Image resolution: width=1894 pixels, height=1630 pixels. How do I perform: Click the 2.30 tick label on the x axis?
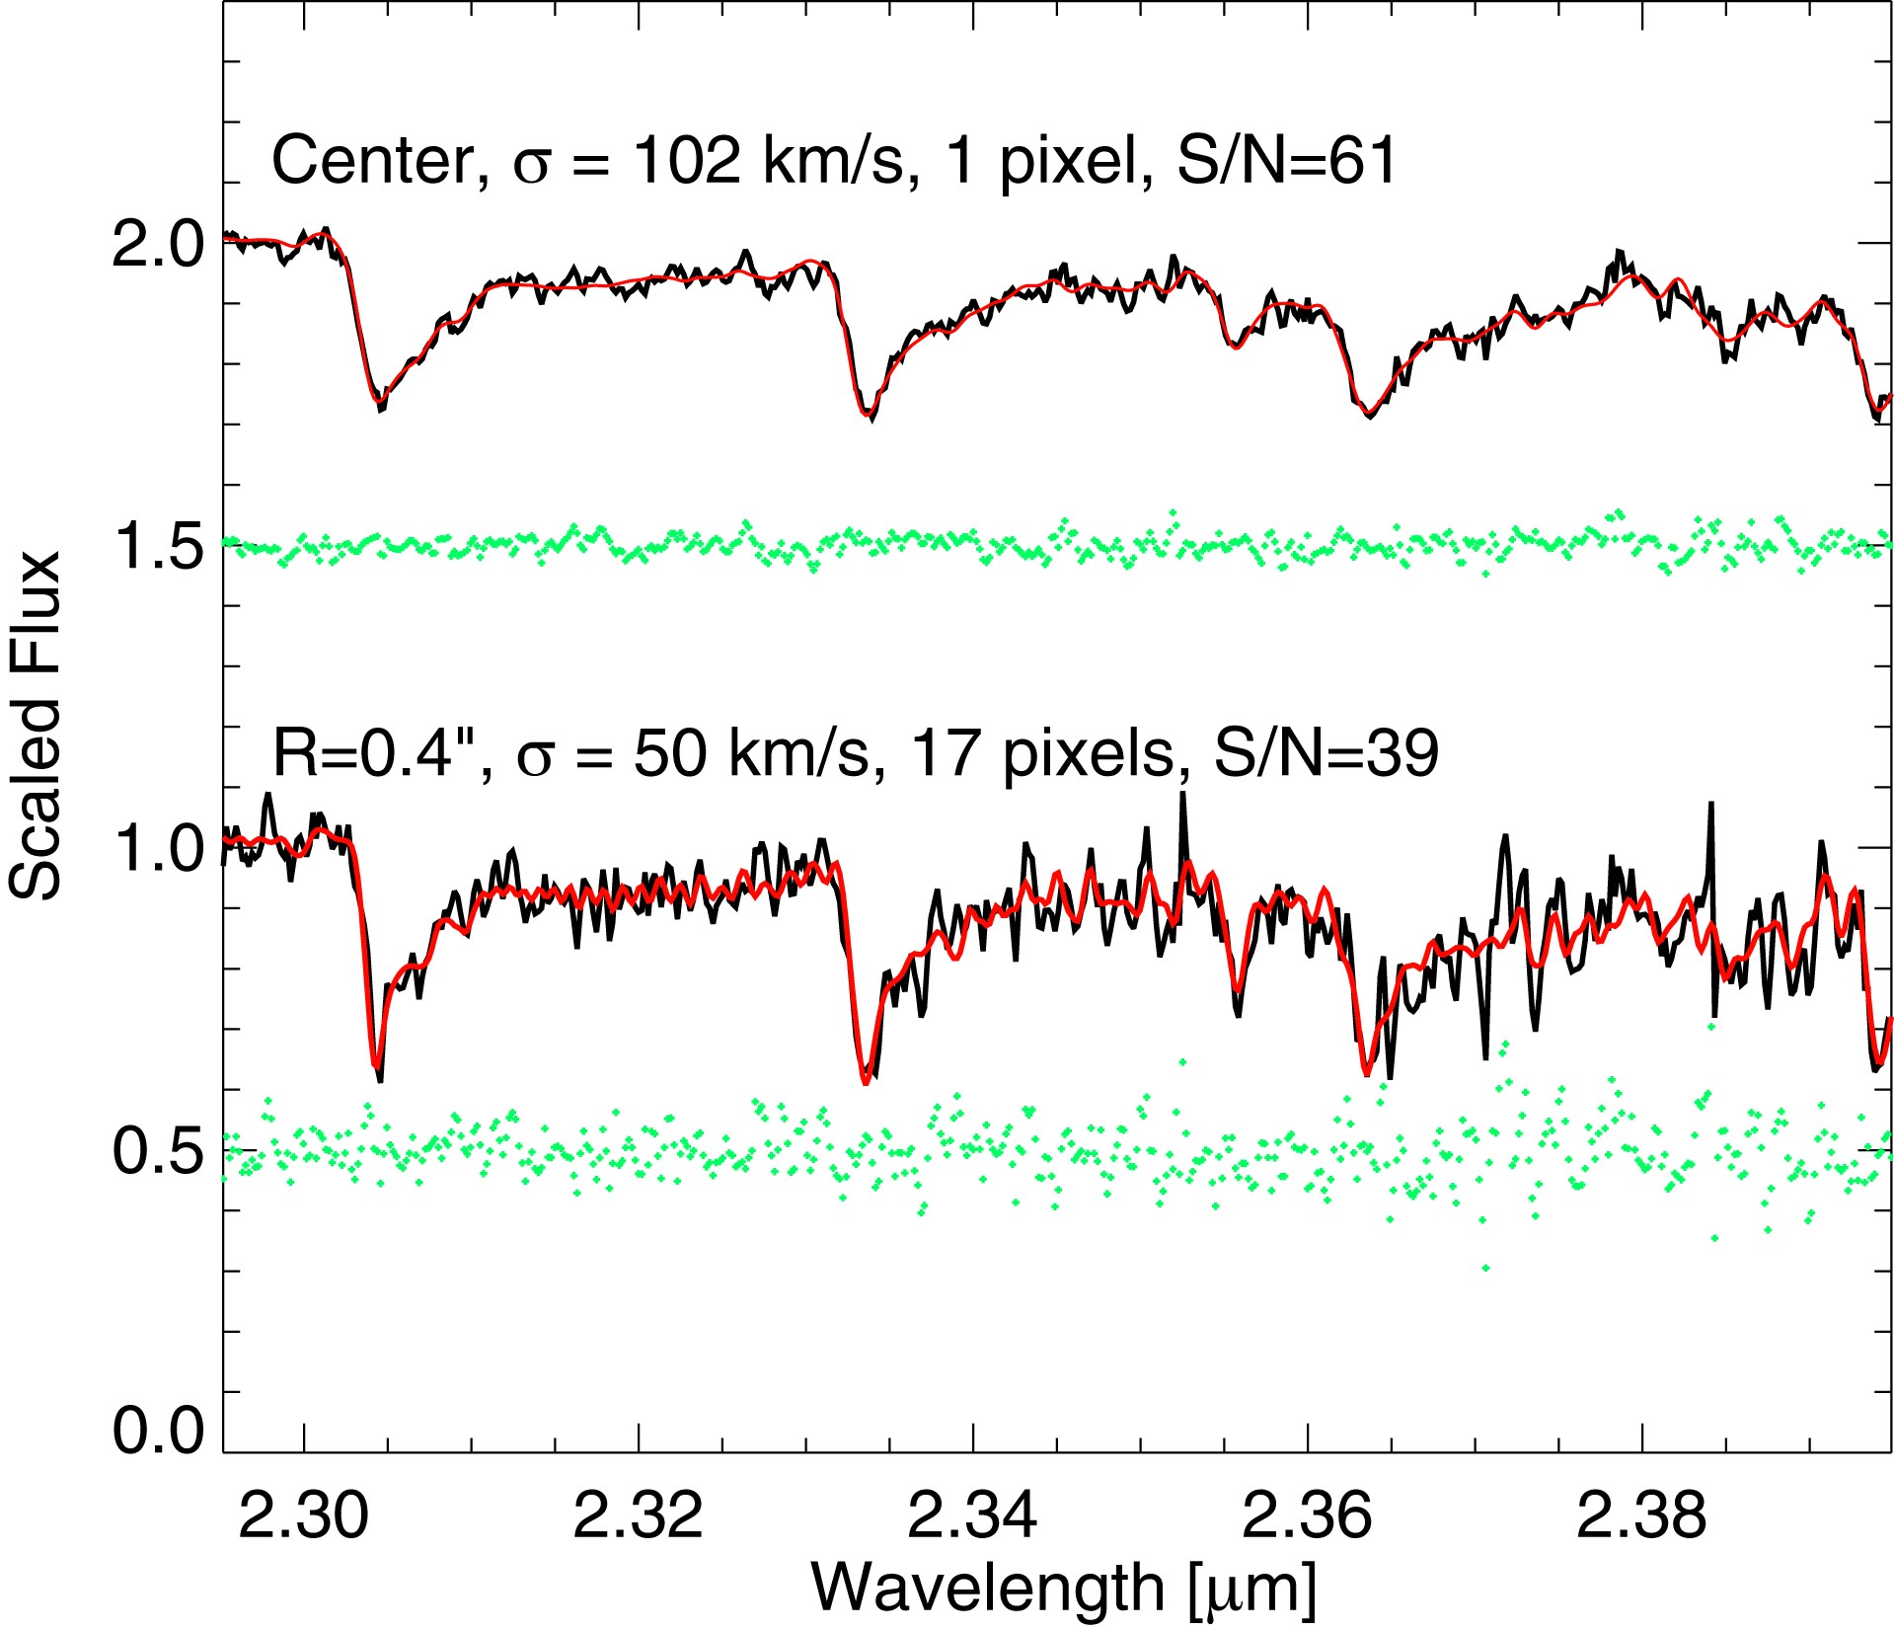(x=304, y=1516)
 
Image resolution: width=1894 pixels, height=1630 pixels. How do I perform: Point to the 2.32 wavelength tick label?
(x=639, y=1516)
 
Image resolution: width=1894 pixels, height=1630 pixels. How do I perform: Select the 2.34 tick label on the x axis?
(x=973, y=1516)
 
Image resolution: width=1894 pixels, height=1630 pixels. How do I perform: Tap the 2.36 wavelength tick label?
(x=1307, y=1516)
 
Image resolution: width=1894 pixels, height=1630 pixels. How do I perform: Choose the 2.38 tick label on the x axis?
(x=1641, y=1516)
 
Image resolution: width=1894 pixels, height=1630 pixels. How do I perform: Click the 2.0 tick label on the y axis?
(x=158, y=243)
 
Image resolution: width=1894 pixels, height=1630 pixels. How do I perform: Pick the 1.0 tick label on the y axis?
(x=158, y=849)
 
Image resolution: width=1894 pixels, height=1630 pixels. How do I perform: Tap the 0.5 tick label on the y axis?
(x=158, y=1151)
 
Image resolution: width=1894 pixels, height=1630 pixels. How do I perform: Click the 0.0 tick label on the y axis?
(x=158, y=1429)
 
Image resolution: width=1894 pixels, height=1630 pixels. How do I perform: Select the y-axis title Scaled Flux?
(x=36, y=726)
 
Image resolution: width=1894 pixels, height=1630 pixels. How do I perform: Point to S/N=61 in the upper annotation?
(x=1288, y=161)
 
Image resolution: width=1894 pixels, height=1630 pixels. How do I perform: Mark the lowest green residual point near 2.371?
(x=1486, y=1268)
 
